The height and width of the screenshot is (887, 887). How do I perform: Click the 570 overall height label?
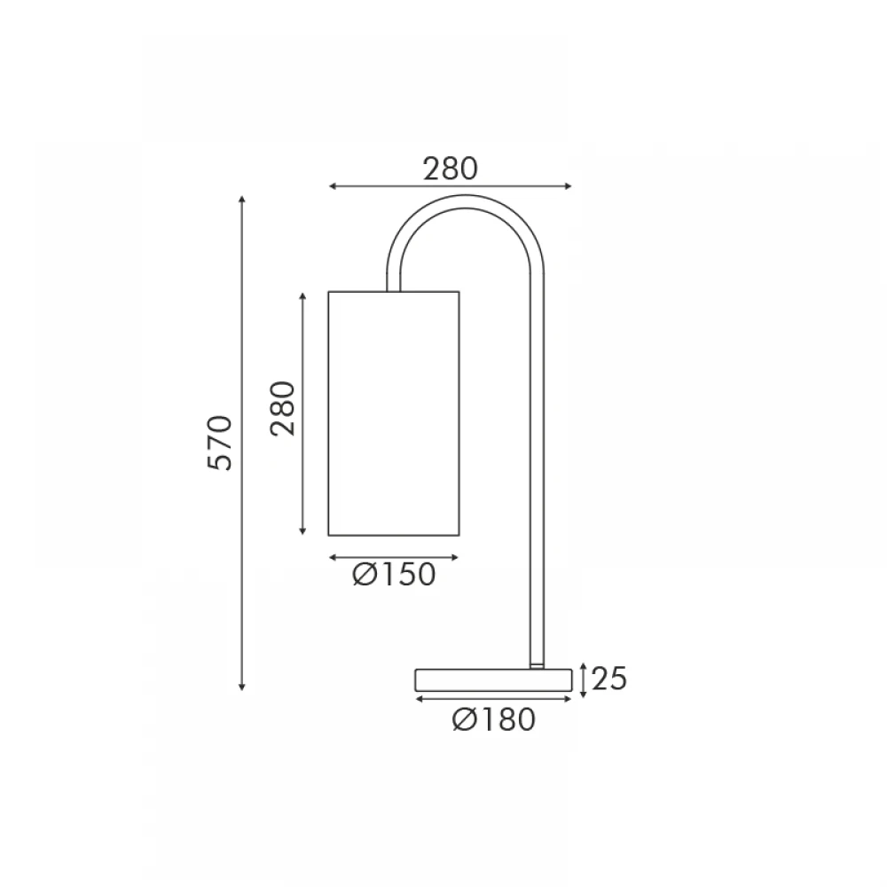(220, 443)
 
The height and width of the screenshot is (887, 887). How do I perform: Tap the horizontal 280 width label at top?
(451, 169)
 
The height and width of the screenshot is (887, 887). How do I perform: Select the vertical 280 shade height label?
(283, 408)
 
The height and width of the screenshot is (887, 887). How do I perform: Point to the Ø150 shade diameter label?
(395, 575)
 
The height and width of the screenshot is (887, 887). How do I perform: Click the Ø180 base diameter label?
(494, 720)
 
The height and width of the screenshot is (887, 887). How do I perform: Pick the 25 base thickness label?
(609, 679)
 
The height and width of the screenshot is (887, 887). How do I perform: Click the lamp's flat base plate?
(493, 680)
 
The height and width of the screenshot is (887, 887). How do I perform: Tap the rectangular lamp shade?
(394, 413)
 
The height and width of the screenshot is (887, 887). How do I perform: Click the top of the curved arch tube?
(465, 201)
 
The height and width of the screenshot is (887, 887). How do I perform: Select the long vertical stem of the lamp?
(537, 469)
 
